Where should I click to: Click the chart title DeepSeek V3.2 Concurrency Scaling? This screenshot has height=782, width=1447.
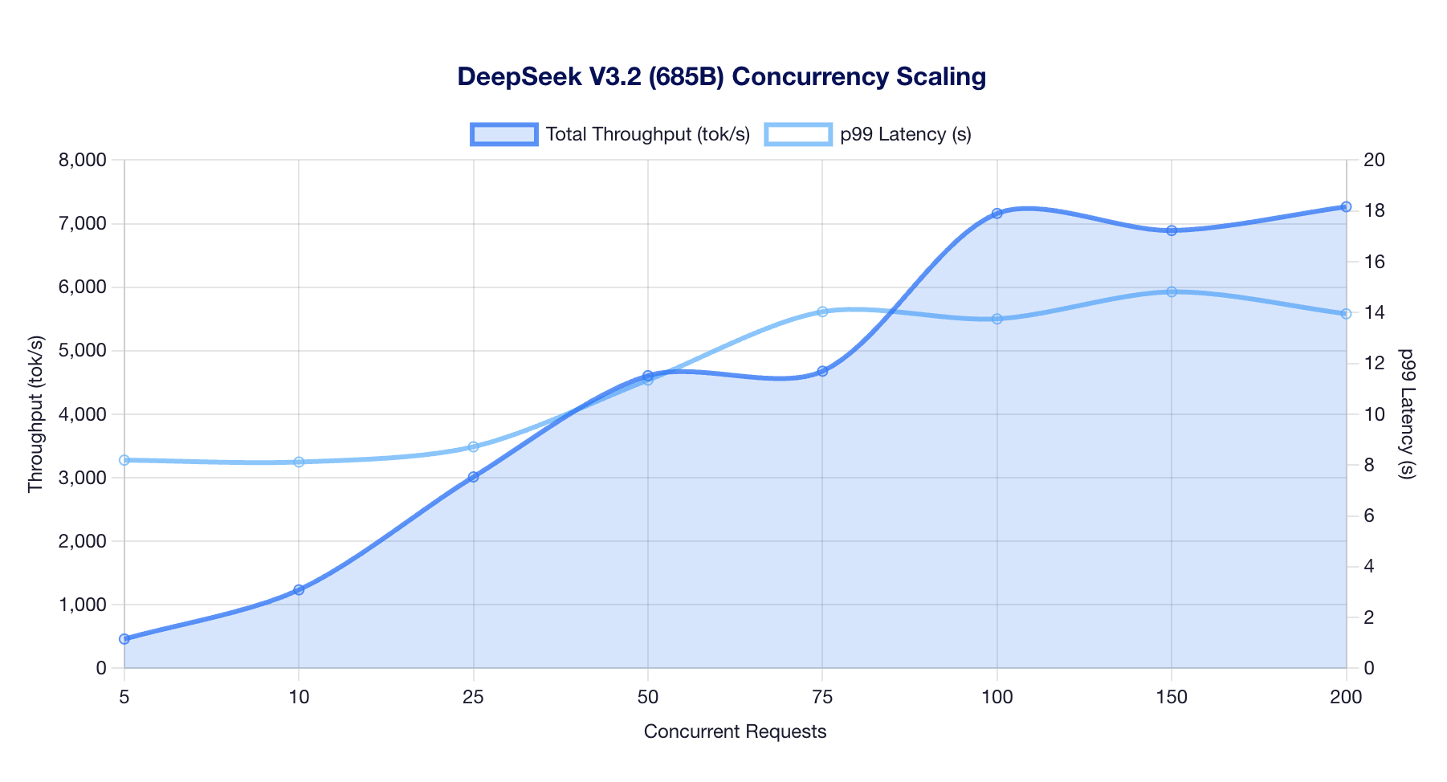pos(721,77)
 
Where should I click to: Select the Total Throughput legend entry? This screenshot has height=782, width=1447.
pos(610,134)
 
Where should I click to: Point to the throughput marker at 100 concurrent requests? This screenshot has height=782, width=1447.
pos(997,214)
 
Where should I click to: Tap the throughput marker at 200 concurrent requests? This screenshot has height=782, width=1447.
pos(1346,207)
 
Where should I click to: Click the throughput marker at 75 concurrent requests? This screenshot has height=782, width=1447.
pos(822,371)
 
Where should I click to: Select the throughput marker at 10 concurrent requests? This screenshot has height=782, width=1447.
pos(299,590)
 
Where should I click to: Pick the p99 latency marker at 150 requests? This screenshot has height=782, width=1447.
pos(1172,291)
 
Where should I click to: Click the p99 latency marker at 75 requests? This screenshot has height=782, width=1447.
pos(822,312)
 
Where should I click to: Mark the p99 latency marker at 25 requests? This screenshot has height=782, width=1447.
pos(474,446)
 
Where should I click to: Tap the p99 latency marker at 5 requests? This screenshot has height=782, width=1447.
pos(124,460)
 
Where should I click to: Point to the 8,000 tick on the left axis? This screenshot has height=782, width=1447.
pos(83,160)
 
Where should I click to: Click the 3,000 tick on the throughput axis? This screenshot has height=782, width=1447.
pos(83,478)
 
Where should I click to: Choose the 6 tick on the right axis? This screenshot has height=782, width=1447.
pos(1368,515)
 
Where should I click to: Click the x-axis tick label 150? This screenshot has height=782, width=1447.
pos(1172,698)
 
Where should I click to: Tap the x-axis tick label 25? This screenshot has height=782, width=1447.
pos(474,698)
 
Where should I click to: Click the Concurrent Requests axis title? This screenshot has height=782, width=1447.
pos(735,731)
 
